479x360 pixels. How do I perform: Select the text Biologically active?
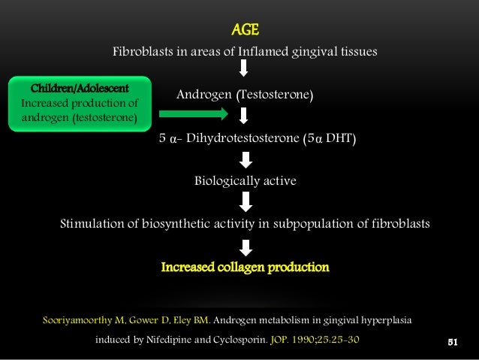pyautogui.click(x=245, y=181)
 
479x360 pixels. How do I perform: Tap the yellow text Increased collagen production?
pyautogui.click(x=245, y=267)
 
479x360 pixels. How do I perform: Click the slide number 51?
pyautogui.click(x=453, y=342)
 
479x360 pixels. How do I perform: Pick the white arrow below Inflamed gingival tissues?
pyautogui.click(x=244, y=70)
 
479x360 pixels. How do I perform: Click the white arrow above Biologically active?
pyautogui.click(x=245, y=159)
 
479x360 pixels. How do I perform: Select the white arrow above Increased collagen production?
pyautogui.click(x=245, y=246)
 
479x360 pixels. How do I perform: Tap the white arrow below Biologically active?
pyautogui.click(x=245, y=201)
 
